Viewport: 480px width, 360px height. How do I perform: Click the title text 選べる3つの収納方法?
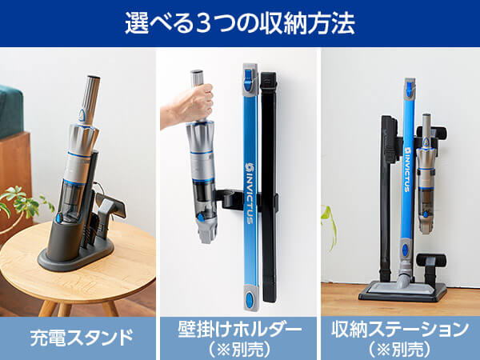(240, 23)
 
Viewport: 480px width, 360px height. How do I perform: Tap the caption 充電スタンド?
(82, 338)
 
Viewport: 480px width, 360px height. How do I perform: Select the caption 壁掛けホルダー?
(240, 330)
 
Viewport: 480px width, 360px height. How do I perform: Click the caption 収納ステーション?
(400, 330)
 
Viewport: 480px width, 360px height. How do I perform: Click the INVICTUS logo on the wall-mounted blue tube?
(250, 194)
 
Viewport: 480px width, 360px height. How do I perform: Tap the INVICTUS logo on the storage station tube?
(408, 170)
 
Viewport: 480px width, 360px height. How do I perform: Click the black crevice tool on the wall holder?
(269, 186)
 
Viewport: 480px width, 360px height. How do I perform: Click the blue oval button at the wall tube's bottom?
(250, 298)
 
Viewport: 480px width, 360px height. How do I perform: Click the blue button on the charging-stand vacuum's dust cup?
(58, 218)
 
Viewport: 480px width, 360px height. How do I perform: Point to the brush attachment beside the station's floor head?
(431, 267)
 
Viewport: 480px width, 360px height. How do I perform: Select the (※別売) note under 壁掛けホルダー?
(240, 349)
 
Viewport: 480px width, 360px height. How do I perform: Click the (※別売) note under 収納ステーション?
(400, 349)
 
